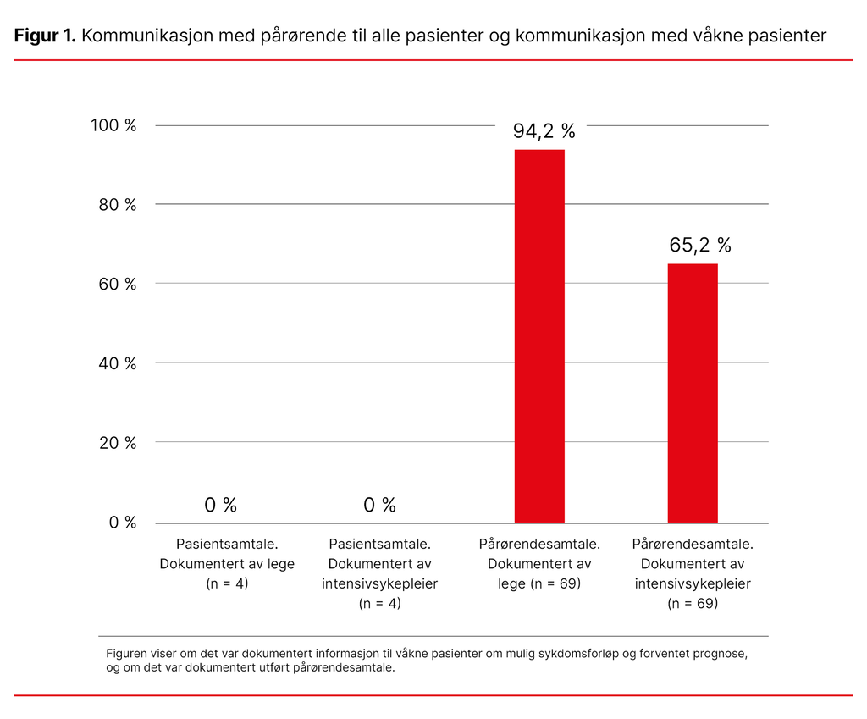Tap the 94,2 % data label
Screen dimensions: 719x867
[544, 131]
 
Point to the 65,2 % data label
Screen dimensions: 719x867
[699, 246]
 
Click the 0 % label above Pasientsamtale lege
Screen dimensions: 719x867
[220, 506]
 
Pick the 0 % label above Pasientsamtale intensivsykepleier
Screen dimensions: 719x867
[379, 506]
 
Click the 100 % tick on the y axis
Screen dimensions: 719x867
[113, 125]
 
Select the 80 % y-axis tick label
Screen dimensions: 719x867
[115, 205]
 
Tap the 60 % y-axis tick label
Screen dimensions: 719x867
[115, 285]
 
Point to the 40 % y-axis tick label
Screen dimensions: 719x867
[115, 363]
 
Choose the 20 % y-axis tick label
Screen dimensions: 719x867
[115, 443]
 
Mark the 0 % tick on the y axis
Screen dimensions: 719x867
[122, 523]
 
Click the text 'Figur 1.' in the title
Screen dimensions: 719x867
[45, 36]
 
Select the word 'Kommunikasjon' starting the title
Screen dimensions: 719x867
[149, 36]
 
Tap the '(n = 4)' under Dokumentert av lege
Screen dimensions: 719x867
[227, 583]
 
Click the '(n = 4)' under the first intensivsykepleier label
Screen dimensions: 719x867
[379, 603]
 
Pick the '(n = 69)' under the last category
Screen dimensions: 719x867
[693, 603]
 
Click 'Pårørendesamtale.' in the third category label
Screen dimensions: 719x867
[539, 544]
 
